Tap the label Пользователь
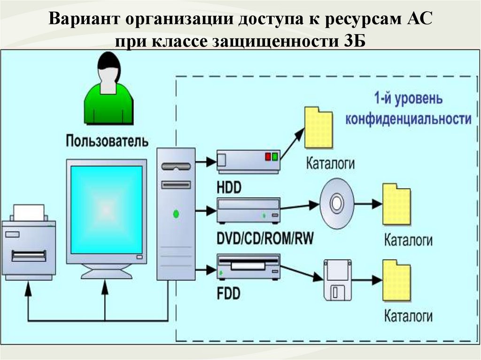click(107, 140)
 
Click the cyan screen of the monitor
click(106, 207)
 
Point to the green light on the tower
click(176, 214)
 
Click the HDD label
click(229, 187)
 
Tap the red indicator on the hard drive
click(268, 156)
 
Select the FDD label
click(228, 293)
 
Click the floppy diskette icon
click(338, 280)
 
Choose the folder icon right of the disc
click(396, 204)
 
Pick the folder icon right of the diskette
click(396, 280)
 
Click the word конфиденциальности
click(408, 119)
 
